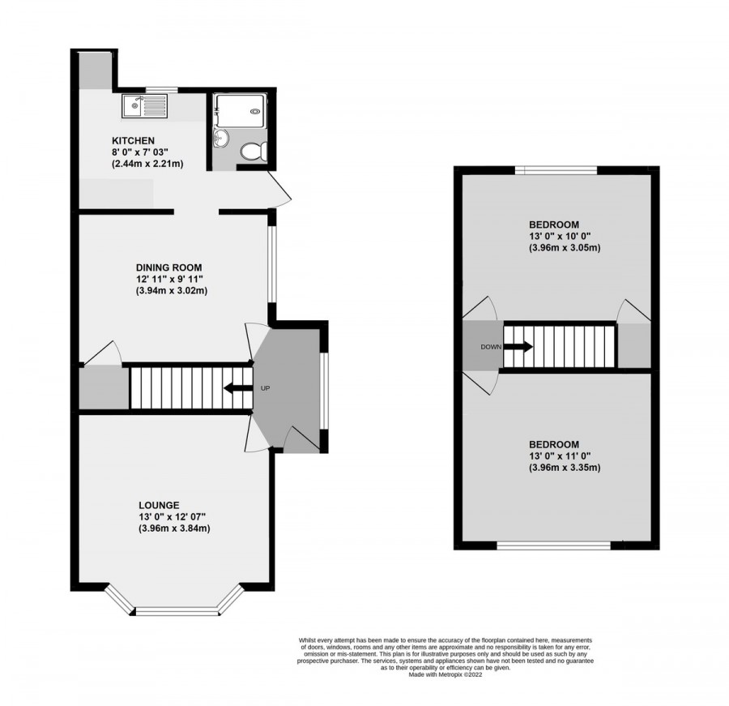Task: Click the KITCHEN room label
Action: click(x=134, y=140)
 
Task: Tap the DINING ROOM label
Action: click(x=168, y=267)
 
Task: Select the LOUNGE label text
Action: click(x=158, y=504)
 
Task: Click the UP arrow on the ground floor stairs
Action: click(x=237, y=388)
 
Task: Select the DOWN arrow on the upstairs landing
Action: click(x=519, y=347)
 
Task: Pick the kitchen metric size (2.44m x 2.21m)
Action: click(x=147, y=164)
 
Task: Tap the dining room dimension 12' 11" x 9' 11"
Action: click(x=168, y=280)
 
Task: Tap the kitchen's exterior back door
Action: click(x=280, y=187)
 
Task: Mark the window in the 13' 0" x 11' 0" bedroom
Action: click(x=553, y=546)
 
